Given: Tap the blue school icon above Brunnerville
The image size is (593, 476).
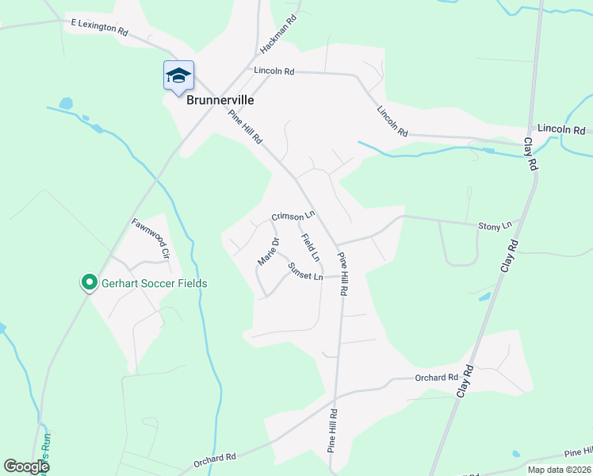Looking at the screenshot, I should pos(178,76).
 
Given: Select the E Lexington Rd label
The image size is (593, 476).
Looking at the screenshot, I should pos(99,29).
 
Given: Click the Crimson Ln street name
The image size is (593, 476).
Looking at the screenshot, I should pos(293,215).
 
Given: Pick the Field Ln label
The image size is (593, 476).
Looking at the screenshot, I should pos(310,248).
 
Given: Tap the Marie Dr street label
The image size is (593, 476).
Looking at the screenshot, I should pos(269,251).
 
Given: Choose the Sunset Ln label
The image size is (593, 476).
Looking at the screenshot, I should pos(305,271).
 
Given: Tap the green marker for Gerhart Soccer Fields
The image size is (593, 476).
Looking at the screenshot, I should pos(90,282).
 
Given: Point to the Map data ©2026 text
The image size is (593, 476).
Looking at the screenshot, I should pos(558,470).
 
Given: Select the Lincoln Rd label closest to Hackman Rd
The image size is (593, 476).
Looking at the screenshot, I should pos(274,71).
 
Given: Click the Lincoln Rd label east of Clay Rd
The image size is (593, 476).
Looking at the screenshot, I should pos(560,129).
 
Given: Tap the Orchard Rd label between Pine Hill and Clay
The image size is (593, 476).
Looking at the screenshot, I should pos(436,378).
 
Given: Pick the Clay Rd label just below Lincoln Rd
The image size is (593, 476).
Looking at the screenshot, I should pos(530,154).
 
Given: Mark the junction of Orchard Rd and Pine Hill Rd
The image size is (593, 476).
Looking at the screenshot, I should pos(335,397).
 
